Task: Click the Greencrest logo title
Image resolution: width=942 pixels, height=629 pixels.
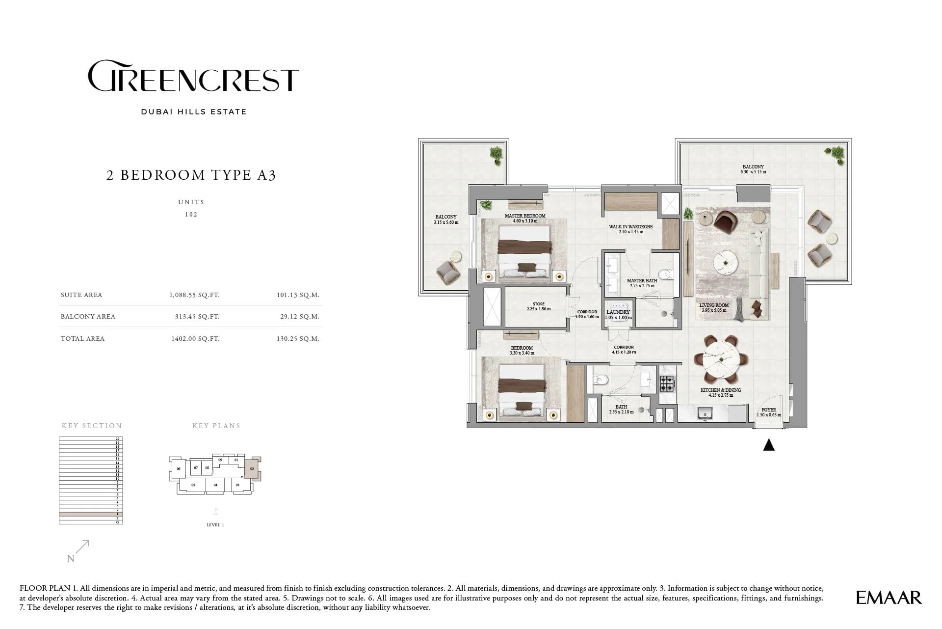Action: click(x=193, y=76)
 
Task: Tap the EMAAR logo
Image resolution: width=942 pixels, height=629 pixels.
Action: click(x=889, y=598)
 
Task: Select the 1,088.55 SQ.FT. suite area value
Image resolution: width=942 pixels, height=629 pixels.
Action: click(x=194, y=295)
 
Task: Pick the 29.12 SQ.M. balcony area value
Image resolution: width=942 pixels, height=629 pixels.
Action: click(x=299, y=317)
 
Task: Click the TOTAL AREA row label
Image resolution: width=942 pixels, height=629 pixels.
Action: click(x=82, y=338)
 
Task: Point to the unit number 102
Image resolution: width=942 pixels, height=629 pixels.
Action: click(x=191, y=215)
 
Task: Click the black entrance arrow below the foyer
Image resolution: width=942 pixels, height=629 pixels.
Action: click(x=769, y=445)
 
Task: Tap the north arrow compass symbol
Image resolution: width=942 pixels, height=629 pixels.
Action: click(x=78, y=551)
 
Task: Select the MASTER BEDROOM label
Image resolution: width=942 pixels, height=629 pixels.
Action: click(x=525, y=216)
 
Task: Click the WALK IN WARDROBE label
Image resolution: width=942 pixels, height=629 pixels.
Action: click(x=630, y=227)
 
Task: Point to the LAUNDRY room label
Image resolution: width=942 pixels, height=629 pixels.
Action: click(x=618, y=312)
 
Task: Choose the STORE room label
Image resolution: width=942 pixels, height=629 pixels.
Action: click(x=538, y=304)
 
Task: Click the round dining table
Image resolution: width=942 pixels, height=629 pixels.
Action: click(x=720, y=361)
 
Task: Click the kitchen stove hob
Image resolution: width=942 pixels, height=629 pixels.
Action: click(x=667, y=383)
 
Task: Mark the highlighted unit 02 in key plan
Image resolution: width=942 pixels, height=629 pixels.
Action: click(x=251, y=469)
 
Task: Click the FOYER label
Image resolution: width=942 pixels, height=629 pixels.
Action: click(x=768, y=410)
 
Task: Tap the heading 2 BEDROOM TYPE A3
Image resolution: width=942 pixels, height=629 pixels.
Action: click(x=191, y=175)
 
